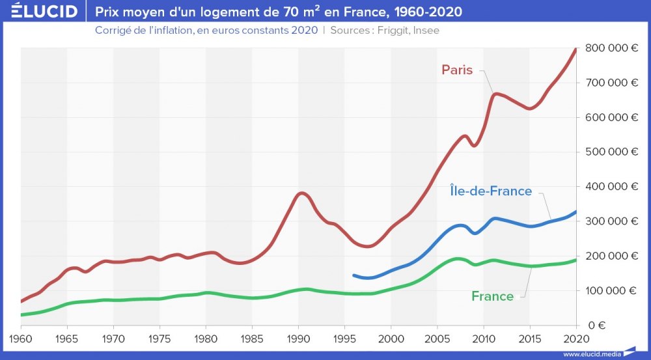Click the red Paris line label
tap(457, 70)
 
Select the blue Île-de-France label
tap(491, 191)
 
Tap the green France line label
tap(492, 296)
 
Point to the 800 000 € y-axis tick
tap(611, 48)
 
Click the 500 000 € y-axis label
tap(611, 152)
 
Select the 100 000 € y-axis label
tap(611, 290)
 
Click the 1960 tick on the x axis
tap(21, 339)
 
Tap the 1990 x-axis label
tap(298, 339)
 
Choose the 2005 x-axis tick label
tap(437, 339)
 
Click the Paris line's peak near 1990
tap(301, 193)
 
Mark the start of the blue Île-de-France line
tap(353, 275)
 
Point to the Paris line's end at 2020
tap(575, 49)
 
